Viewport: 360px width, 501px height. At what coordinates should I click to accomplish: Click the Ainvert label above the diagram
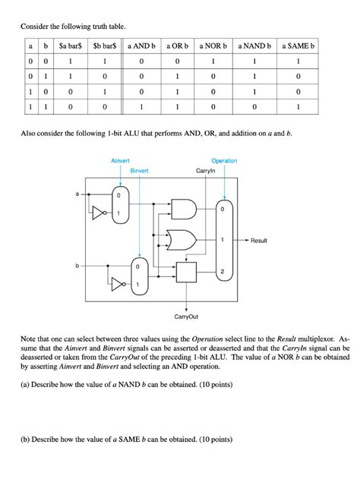120,161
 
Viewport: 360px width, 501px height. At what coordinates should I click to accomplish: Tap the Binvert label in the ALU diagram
139,172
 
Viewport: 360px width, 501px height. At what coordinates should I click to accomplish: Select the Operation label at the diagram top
224,161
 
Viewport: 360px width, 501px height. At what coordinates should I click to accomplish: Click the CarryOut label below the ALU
186,315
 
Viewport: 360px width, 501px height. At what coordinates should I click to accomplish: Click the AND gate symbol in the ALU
185,210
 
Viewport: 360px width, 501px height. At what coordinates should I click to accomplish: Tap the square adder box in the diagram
185,272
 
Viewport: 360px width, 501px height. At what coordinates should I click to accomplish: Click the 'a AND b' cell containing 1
141,107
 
